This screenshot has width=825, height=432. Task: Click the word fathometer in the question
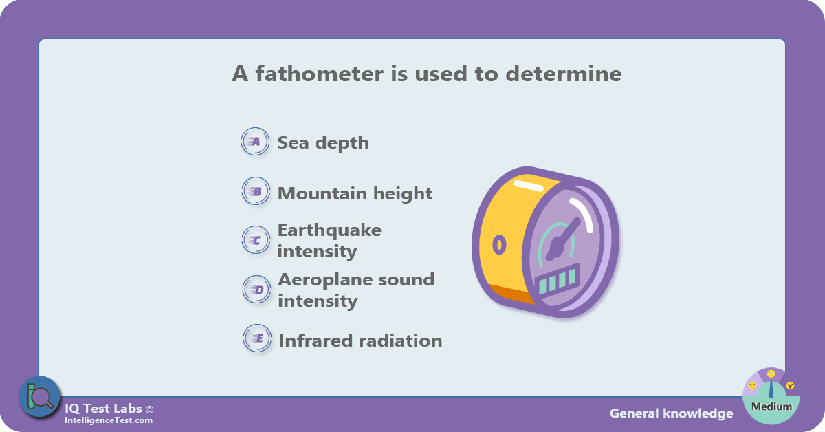320,74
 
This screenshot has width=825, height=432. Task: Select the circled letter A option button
255,141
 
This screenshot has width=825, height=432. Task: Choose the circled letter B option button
256,191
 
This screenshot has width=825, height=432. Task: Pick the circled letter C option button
256,240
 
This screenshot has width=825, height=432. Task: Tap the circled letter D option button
256,290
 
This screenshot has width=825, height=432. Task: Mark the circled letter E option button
257,338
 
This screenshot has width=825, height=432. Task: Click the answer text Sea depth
323,143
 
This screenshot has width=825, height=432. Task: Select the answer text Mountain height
355,193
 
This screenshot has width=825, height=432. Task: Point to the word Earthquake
329,230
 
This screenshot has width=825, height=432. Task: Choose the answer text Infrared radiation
360,341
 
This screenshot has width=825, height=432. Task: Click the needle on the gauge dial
563,239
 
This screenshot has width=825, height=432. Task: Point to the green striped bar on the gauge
558,280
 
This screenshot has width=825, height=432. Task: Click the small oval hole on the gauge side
499,244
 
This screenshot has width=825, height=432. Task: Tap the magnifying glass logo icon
39,397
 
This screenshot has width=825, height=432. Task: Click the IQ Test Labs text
103,409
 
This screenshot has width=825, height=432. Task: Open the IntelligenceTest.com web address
109,420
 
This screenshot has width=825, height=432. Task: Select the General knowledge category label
671,413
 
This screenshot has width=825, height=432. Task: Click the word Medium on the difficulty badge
771,407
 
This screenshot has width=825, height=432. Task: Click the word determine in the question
564,74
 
